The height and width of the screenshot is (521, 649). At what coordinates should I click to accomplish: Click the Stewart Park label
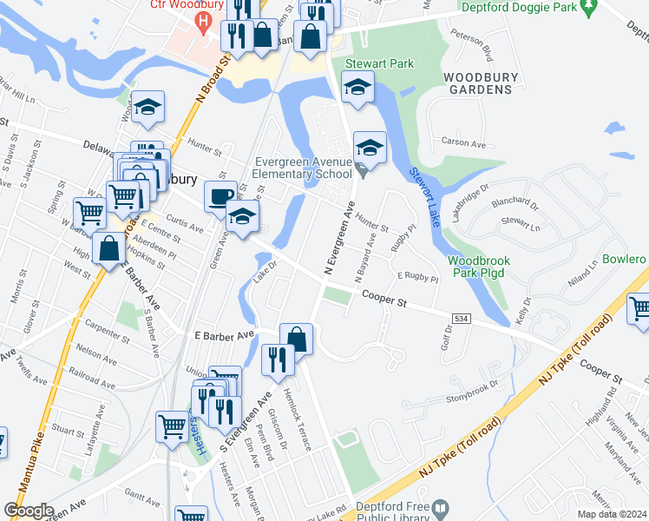point(379,63)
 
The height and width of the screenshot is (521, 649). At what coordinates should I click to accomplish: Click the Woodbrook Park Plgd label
point(478,267)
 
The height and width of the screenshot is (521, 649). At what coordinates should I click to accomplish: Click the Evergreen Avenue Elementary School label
point(301,167)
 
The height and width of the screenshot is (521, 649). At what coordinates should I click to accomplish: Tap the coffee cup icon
point(220,196)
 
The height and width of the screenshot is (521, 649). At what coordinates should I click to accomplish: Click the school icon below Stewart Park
point(357,87)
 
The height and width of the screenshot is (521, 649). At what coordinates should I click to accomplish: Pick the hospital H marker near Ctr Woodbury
point(204,20)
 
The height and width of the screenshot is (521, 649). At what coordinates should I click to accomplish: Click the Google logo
point(29,511)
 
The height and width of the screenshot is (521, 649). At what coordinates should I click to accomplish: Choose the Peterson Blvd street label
point(472,44)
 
